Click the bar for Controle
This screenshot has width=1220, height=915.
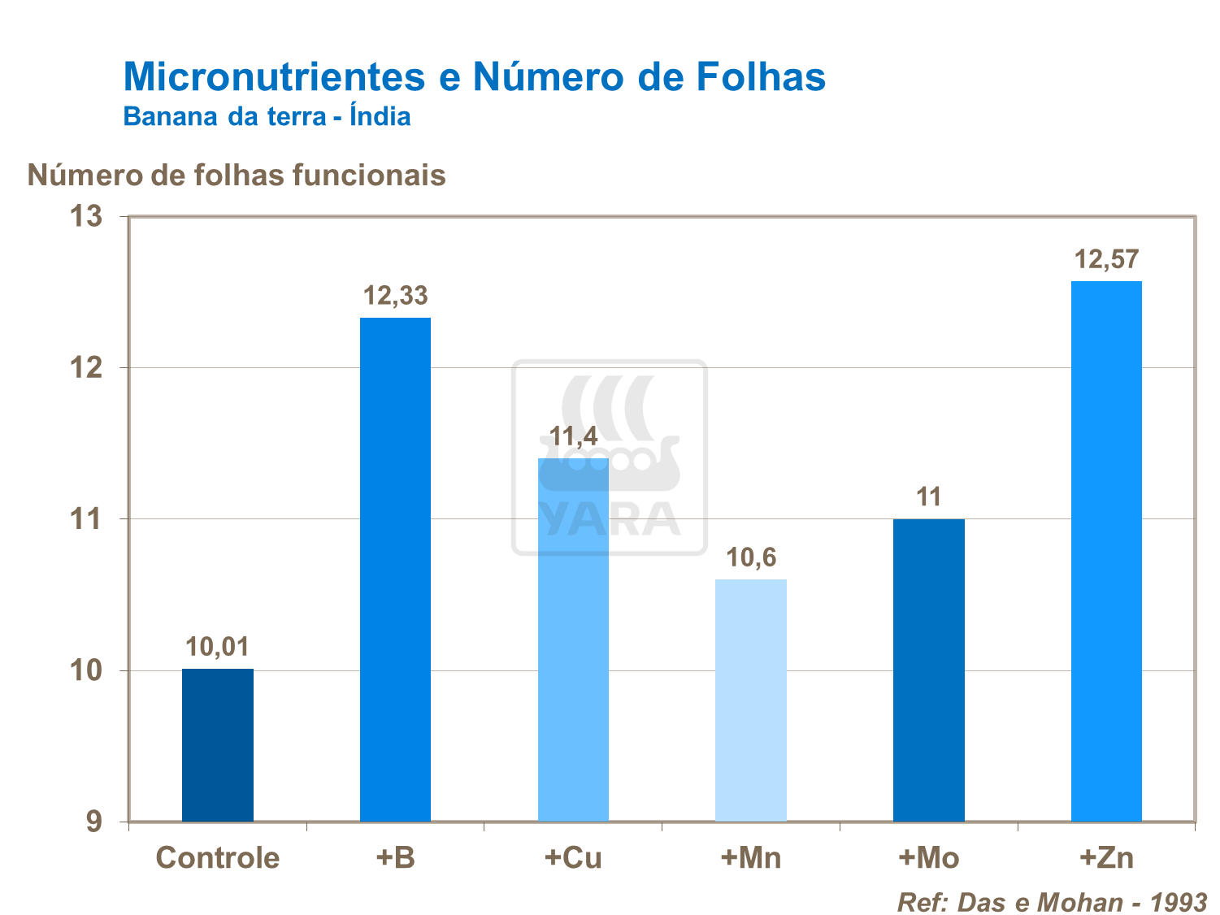click(217, 744)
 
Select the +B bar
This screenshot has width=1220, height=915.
click(395, 569)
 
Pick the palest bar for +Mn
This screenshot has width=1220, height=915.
click(750, 700)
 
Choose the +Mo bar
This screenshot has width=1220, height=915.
click(928, 670)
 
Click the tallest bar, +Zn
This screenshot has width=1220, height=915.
click(1106, 551)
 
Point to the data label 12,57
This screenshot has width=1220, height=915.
click(1106, 260)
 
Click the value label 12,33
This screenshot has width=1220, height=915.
click(395, 296)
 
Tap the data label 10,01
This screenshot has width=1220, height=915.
click(217, 648)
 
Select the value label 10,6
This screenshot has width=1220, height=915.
click(750, 558)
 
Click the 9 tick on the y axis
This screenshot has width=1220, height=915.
click(95, 822)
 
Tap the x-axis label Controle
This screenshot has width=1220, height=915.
click(217, 858)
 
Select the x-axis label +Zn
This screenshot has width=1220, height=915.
click(1106, 858)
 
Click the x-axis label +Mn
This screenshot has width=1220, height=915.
click(750, 858)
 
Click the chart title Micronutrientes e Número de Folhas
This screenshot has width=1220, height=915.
click(474, 76)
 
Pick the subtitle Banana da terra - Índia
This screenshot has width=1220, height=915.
click(267, 116)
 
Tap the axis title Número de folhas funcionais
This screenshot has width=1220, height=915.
click(237, 175)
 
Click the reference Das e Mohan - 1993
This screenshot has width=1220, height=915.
click(1052, 902)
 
